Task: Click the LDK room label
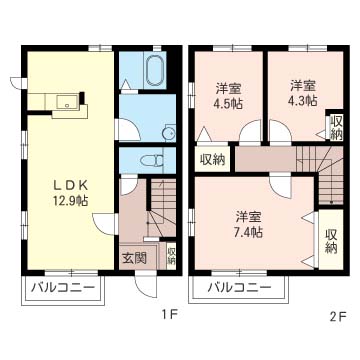pos(70,184)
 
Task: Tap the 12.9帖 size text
pos(70,201)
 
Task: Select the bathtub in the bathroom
pos(153,72)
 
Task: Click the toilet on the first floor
pos(151,158)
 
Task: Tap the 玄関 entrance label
pos(134,257)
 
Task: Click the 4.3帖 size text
pos(303,100)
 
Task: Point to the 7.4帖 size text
pos(249,232)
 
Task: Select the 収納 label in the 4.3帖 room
pos(336,128)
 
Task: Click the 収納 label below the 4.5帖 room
pos(211,159)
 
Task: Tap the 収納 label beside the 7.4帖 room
pos(331,240)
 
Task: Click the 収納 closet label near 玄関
pos(171,255)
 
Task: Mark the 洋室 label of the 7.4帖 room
pos(249,216)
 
